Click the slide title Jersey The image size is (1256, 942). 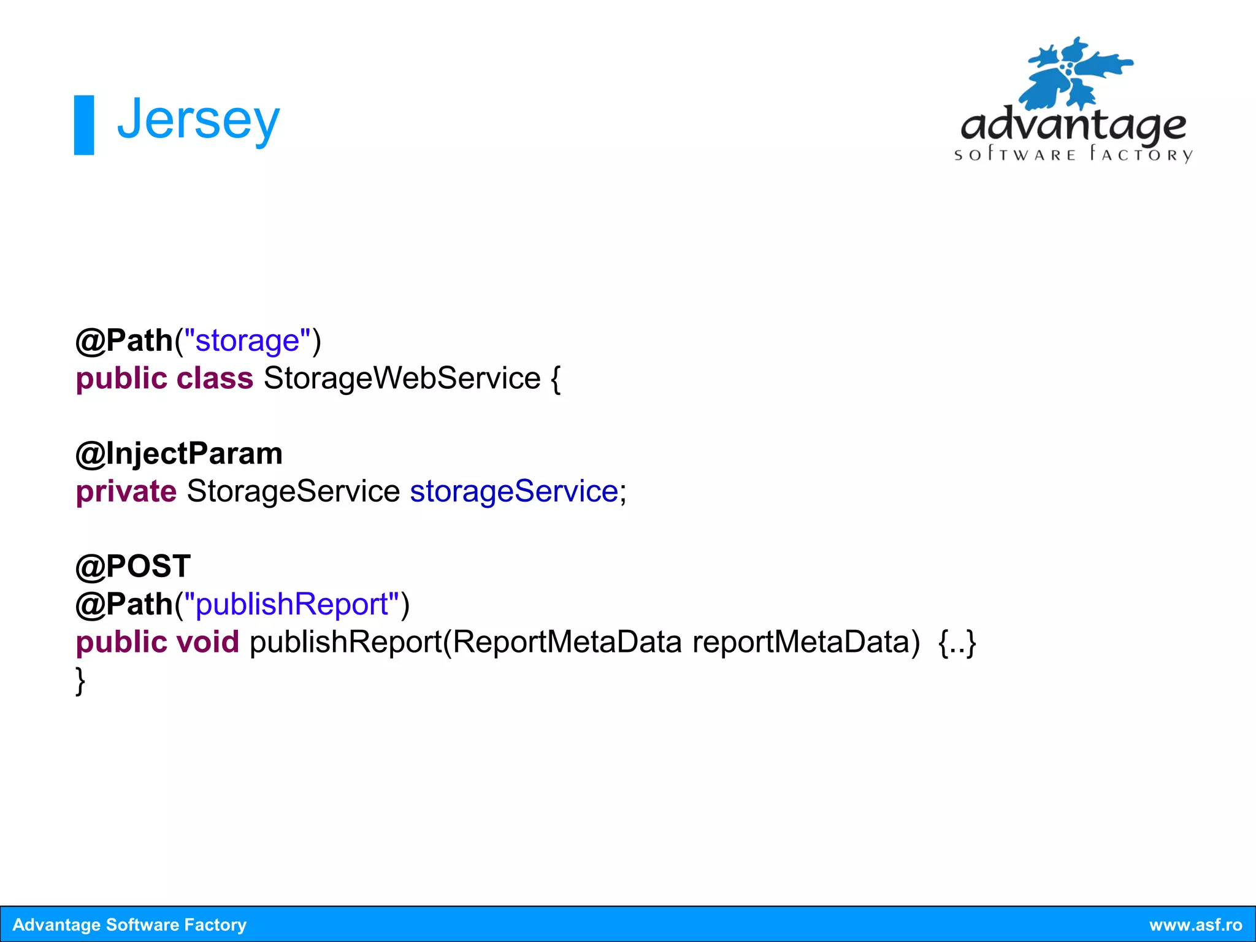coord(197,121)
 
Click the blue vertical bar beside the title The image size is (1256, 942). coord(84,125)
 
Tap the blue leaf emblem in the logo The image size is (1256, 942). coord(1073,74)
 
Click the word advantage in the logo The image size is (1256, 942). coord(1073,125)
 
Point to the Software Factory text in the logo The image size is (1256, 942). coord(1073,154)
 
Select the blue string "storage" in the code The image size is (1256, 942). coord(247,340)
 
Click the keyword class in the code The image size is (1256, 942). coord(215,378)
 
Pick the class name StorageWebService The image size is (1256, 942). coord(402,378)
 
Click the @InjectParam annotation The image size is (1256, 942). coord(178,454)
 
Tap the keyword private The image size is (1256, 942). coord(126,491)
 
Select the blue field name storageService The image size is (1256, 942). coord(514,491)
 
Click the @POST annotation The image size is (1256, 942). coord(132,566)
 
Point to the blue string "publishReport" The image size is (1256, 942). coord(292,604)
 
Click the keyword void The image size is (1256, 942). coord(207,642)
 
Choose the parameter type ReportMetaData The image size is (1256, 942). coord(567,642)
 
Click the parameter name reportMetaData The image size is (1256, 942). coord(806,642)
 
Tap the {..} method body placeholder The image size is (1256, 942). coord(957,642)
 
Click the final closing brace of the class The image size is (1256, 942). coord(80,681)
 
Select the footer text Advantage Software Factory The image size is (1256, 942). coord(129,925)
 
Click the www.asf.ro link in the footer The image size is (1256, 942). coord(1195,925)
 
